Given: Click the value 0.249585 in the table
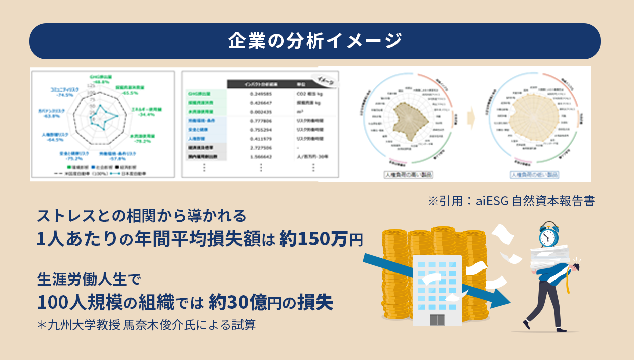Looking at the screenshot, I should [260, 94].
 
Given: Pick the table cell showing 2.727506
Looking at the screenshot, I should [260, 148].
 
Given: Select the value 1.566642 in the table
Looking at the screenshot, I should [260, 157].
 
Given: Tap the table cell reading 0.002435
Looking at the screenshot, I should [260, 112].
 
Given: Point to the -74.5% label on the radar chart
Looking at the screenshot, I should [65, 95].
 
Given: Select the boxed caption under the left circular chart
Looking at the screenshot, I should [408, 175].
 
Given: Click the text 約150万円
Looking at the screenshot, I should [322, 239].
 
